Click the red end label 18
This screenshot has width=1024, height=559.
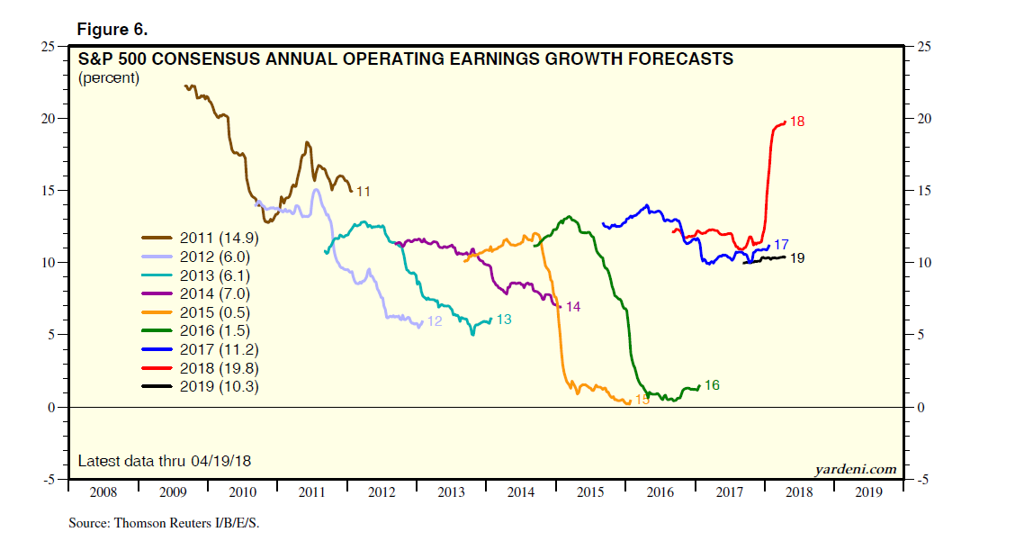pyautogui.click(x=796, y=122)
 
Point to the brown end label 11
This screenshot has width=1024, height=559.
pyautogui.click(x=364, y=191)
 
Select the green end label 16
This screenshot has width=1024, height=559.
pyautogui.click(x=712, y=386)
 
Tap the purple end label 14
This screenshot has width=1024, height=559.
pyautogui.click(x=572, y=307)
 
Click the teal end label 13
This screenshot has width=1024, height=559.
pyautogui.click(x=504, y=320)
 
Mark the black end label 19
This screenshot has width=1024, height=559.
pyautogui.click(x=796, y=258)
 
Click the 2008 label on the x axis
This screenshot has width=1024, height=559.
pyautogui.click(x=103, y=493)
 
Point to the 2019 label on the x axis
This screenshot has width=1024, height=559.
pyautogui.click(x=868, y=493)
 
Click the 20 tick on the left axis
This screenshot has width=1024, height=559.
pyautogui.click(x=50, y=119)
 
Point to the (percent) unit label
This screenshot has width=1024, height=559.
pyautogui.click(x=109, y=78)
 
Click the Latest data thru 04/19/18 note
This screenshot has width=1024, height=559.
pyautogui.click(x=164, y=461)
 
